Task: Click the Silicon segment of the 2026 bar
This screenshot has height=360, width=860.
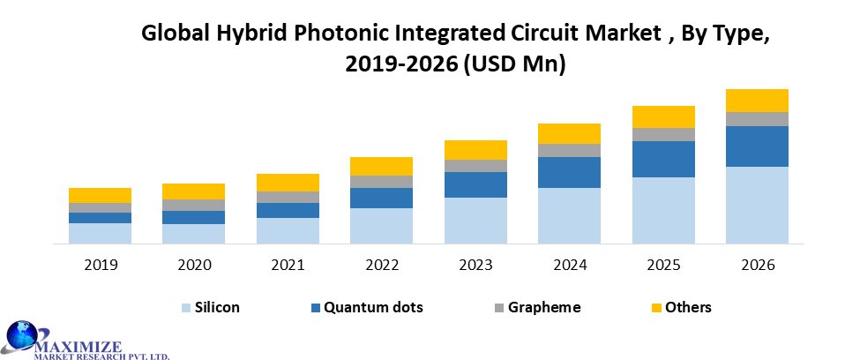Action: [757, 205]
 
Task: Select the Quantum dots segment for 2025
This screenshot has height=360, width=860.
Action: [663, 159]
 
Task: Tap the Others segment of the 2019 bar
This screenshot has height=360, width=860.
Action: [100, 195]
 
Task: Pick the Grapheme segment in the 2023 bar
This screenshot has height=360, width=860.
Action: [475, 166]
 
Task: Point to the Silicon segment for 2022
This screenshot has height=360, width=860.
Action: [381, 225]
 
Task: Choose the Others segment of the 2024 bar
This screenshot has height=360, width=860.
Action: [569, 133]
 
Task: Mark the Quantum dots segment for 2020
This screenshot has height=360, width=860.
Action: [193, 217]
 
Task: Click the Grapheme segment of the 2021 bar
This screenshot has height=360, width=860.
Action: [288, 197]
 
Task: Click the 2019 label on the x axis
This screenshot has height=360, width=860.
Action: [100, 265]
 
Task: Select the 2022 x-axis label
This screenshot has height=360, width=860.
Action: [381, 265]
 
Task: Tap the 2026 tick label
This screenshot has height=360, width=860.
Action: [757, 265]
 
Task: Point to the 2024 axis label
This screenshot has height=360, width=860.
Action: [569, 265]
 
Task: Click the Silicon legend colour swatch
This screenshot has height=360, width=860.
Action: [186, 308]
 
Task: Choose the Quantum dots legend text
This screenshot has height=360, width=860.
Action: [373, 307]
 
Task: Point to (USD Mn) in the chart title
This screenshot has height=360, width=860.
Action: [515, 64]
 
